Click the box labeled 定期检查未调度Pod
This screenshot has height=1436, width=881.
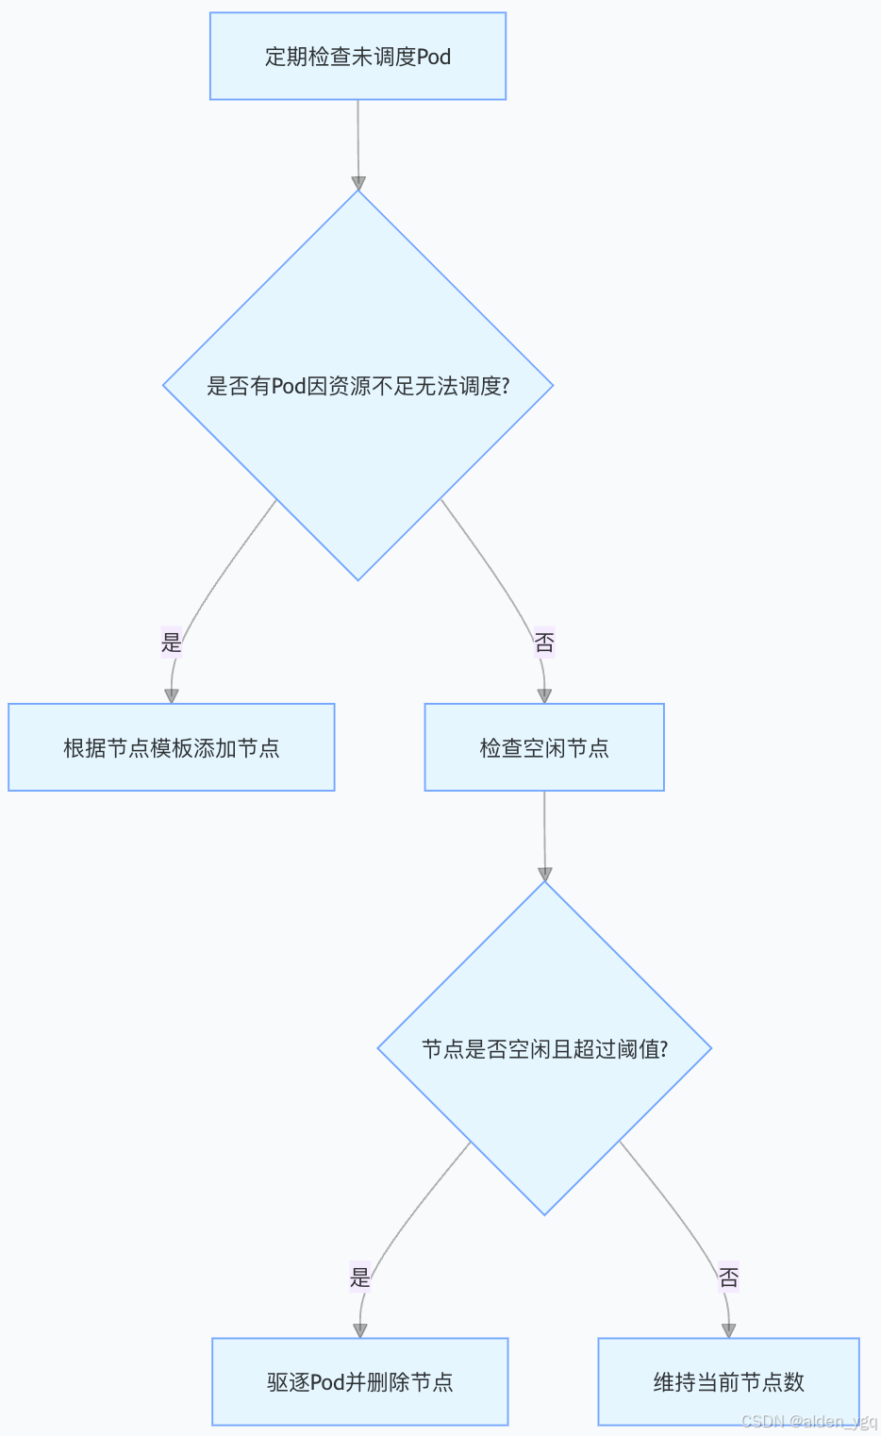[357, 57]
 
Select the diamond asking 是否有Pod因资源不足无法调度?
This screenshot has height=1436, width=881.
[357, 386]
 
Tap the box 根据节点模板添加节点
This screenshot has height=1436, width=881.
[172, 747]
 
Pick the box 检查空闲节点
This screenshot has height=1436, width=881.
[544, 747]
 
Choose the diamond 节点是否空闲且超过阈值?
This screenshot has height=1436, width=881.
[544, 1048]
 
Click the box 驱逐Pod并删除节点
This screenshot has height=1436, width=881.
[359, 1381]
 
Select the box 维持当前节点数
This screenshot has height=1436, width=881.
[728, 1381]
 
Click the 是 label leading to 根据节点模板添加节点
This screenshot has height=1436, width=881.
[172, 643]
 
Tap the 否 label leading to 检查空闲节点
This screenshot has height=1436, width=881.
[544, 643]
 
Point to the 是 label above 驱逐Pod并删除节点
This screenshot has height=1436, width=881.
[359, 1277]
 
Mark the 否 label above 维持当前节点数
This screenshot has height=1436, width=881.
[728, 1277]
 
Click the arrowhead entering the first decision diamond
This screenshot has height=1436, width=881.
[357, 183]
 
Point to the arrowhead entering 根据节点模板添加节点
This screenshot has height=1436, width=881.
[172, 695]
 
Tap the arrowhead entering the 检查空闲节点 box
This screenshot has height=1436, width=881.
[544, 695]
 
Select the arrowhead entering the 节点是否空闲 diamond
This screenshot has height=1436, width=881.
[544, 874]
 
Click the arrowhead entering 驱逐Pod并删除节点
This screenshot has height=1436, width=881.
[359, 1330]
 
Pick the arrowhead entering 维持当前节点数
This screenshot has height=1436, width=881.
[728, 1330]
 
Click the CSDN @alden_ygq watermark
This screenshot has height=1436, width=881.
[808, 1422]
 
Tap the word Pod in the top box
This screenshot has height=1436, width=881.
[434, 57]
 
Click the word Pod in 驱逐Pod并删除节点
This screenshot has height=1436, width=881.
[327, 1382]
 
